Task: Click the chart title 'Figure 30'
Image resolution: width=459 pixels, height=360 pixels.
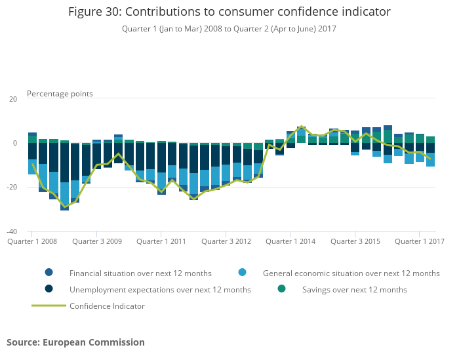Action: pos(229,12)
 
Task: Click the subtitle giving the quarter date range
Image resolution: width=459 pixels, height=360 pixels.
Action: pos(229,29)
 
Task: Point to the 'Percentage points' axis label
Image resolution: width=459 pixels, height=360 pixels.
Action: pos(60,94)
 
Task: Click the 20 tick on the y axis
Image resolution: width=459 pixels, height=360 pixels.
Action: pos(12,99)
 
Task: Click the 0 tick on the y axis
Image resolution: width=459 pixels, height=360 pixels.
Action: pos(14,143)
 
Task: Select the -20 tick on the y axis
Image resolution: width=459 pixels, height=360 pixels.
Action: pos(12,188)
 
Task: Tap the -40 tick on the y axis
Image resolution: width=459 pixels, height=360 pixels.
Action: pos(12,231)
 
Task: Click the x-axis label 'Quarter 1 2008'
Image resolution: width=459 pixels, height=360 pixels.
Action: pos(32,241)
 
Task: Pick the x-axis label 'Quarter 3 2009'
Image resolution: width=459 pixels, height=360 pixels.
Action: pos(97,241)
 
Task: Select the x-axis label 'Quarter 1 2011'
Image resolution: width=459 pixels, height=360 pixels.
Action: pos(161,241)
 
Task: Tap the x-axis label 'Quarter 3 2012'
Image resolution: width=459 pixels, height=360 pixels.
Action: pos(226,241)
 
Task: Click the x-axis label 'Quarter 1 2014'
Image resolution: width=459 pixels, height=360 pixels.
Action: pos(290,241)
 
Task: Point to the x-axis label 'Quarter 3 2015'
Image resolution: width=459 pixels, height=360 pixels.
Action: pos(355,241)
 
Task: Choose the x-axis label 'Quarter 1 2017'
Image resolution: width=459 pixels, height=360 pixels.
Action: pos(420,241)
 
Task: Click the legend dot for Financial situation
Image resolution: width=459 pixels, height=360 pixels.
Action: pos(49,273)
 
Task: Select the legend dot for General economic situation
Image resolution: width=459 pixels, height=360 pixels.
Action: pos(243,273)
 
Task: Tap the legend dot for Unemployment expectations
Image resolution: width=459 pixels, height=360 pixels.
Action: pos(49,289)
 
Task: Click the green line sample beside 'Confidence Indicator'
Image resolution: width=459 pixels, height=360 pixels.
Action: pos(49,306)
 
